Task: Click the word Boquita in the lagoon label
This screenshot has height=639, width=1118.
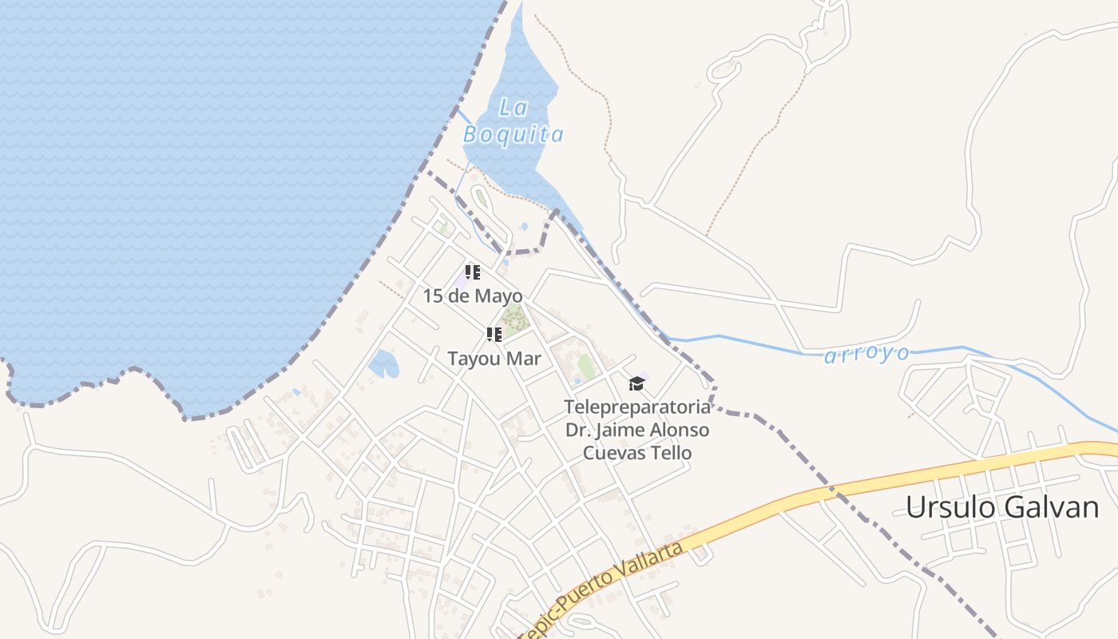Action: [513, 134]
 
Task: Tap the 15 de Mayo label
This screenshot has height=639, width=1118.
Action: [472, 296]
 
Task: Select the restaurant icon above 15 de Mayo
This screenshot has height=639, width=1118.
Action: [472, 272]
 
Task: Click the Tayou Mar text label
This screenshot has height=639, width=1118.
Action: [494, 359]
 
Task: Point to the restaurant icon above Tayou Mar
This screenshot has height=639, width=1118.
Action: [494, 335]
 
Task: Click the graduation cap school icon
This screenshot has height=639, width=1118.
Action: [636, 383]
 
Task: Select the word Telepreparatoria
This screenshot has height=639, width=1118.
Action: [636, 407]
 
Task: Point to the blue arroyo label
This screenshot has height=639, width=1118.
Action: [866, 354]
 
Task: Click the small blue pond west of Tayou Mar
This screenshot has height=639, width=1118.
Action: [383, 363]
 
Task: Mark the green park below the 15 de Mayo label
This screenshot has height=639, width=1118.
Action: [513, 319]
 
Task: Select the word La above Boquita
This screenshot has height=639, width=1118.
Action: [513, 108]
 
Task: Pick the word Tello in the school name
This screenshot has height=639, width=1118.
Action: [672, 453]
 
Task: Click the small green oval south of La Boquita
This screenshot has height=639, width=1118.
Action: [480, 196]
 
